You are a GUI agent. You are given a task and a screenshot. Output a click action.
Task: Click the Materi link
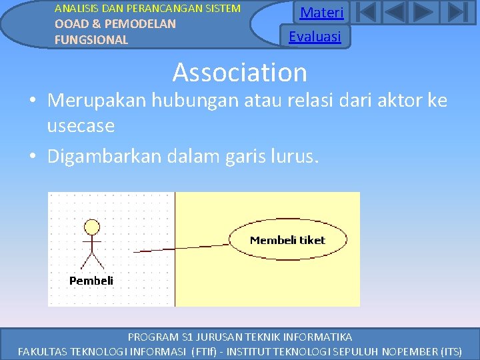pyautogui.click(x=321, y=13)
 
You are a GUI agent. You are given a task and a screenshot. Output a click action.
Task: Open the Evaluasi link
pyautogui.click(x=315, y=37)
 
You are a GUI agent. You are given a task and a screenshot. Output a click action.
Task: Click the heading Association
pyautogui.click(x=240, y=72)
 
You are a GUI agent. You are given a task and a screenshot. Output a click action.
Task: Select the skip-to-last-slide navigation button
pyautogui.click(x=455, y=13)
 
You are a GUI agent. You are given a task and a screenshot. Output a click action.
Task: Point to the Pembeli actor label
pyautogui.click(x=91, y=281)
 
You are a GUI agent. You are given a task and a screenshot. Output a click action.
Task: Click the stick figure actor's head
pyautogui.click(x=92, y=226)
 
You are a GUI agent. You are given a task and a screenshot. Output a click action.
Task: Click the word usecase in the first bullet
pyautogui.click(x=81, y=125)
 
